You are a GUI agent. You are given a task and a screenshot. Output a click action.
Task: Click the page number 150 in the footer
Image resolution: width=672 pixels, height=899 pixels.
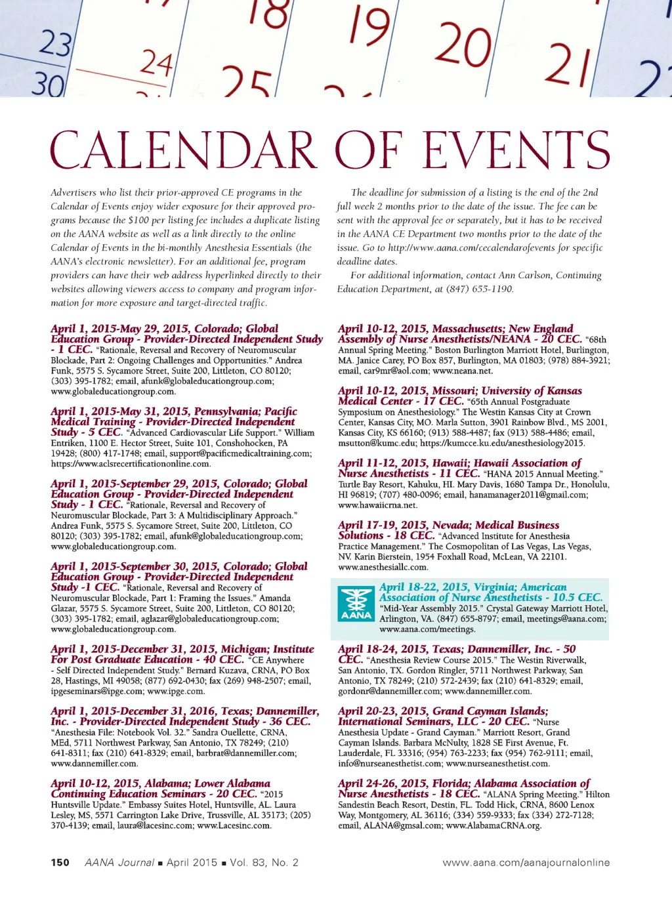[60, 862]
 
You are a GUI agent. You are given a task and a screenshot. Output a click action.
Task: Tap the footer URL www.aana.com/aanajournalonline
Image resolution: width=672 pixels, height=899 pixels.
[526, 862]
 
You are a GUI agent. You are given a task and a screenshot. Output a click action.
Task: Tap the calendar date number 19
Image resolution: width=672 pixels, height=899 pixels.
[369, 28]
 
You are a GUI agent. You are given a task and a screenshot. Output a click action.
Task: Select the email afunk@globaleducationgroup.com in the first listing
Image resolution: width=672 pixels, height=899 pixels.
[207, 381]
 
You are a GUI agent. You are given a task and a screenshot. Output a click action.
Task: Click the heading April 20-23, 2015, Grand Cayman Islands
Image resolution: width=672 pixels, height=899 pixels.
[443, 711]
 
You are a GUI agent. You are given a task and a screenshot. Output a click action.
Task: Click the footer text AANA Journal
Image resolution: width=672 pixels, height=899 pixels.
[119, 862]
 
